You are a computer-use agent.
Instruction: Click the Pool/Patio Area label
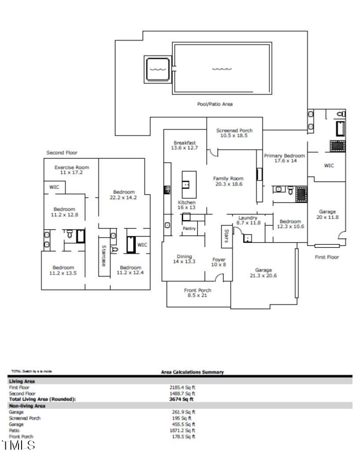(215, 104)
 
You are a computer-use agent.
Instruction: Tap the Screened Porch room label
(234, 133)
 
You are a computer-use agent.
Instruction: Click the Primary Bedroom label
(284, 158)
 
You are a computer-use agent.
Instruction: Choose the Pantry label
(188, 228)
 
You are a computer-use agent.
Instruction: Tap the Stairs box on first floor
(225, 235)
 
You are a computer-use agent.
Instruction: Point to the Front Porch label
(198, 293)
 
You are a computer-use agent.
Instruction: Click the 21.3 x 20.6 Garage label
(263, 273)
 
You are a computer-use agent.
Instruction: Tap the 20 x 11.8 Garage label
(327, 214)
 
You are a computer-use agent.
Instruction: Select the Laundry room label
(247, 220)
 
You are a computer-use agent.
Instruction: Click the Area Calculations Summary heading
(192, 372)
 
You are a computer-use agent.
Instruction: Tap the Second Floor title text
(62, 153)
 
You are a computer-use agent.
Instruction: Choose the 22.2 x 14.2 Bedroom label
(123, 195)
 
